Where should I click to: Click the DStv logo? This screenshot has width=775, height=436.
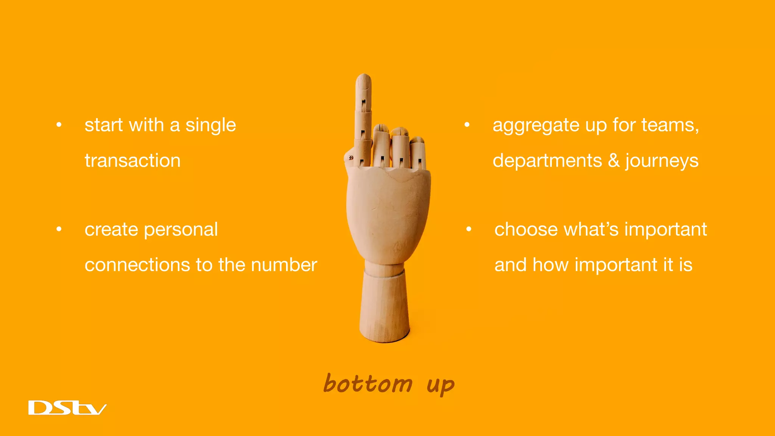67,408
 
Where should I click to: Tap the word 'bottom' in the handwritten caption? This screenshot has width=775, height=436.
368,384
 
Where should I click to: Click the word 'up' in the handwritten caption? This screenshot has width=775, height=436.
440,386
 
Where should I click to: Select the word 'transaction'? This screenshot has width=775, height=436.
132,160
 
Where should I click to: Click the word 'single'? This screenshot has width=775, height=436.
210,126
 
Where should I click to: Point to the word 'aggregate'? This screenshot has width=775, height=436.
535,126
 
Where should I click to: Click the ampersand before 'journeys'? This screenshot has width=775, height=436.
613,160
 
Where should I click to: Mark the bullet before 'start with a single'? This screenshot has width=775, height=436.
59,125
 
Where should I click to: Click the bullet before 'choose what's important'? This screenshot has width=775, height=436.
469,229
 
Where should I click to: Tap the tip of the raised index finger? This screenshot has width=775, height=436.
364,78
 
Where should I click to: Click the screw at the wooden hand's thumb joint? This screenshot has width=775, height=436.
351,157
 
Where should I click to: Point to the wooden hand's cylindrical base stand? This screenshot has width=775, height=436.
384,307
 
